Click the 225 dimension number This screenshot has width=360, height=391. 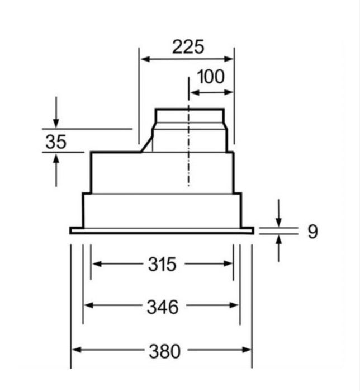point(188,46)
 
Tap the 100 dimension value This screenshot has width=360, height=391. point(211,77)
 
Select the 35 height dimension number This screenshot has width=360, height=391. point(56,142)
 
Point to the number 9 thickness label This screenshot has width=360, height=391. point(312,232)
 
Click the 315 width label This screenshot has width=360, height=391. point(162,264)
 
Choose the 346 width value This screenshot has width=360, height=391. point(163,307)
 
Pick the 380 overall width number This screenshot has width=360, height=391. point(164,351)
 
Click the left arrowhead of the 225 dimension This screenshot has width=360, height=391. point(145,59)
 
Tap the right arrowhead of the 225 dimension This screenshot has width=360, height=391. point(229,59)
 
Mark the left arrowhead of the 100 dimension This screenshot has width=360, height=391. point(195,93)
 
